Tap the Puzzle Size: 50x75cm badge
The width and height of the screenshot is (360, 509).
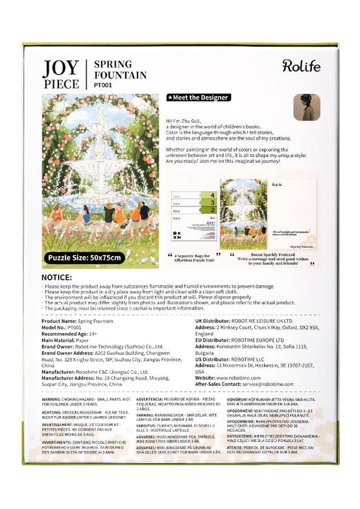(x=86, y=257)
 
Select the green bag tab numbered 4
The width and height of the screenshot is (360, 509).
(x=212, y=195)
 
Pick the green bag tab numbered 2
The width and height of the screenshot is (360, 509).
(x=212, y=210)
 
